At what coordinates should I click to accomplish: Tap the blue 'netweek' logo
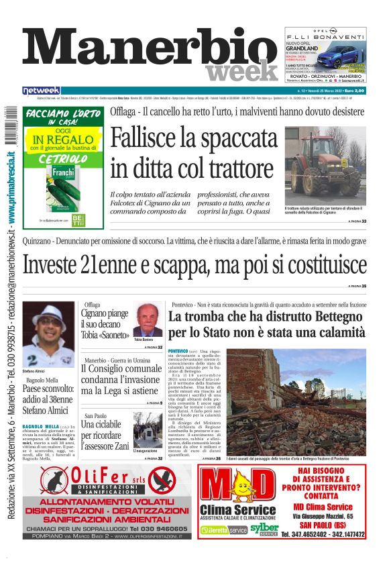click(x=42, y=91)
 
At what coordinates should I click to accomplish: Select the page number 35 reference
click(x=364, y=286)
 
